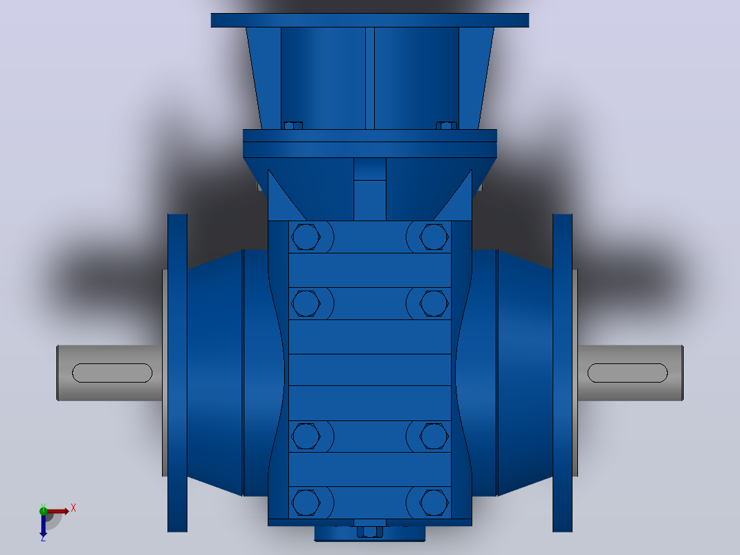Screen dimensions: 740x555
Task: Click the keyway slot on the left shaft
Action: [112, 373]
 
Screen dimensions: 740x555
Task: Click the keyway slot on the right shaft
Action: [627, 373]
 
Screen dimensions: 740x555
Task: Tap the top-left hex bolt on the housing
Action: [306, 237]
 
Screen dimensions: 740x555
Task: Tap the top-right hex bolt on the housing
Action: [434, 237]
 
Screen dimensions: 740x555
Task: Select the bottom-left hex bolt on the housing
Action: [306, 502]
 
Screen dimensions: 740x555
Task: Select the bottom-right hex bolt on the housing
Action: [434, 502]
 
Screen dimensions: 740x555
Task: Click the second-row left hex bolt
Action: [306, 303]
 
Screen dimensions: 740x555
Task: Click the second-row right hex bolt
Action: [434, 303]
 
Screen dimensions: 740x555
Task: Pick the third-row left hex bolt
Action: [306, 436]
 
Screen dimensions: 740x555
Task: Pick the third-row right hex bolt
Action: [434, 436]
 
